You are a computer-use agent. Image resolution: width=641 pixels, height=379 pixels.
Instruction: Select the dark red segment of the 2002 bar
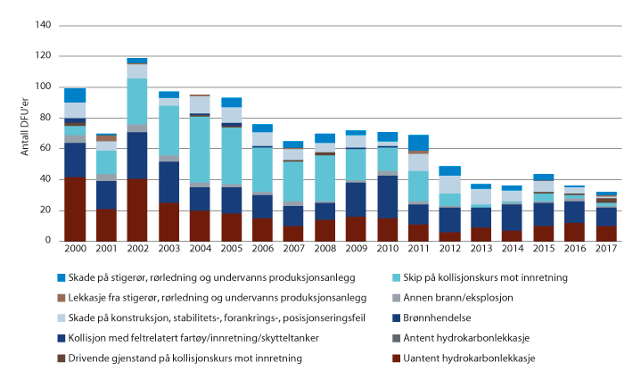tap(136, 210)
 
